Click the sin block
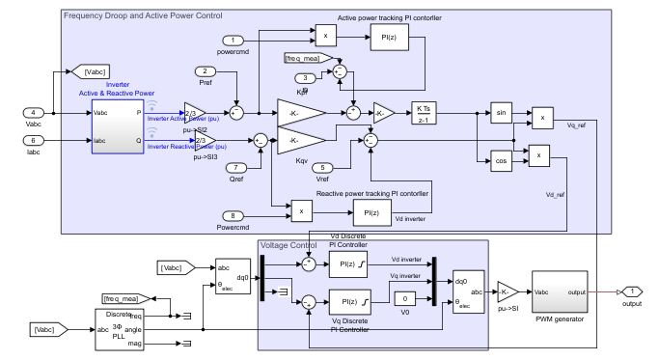pos(500,113)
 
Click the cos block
pos(500,161)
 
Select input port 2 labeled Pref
pos(205,71)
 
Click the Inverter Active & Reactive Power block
pos(117,125)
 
